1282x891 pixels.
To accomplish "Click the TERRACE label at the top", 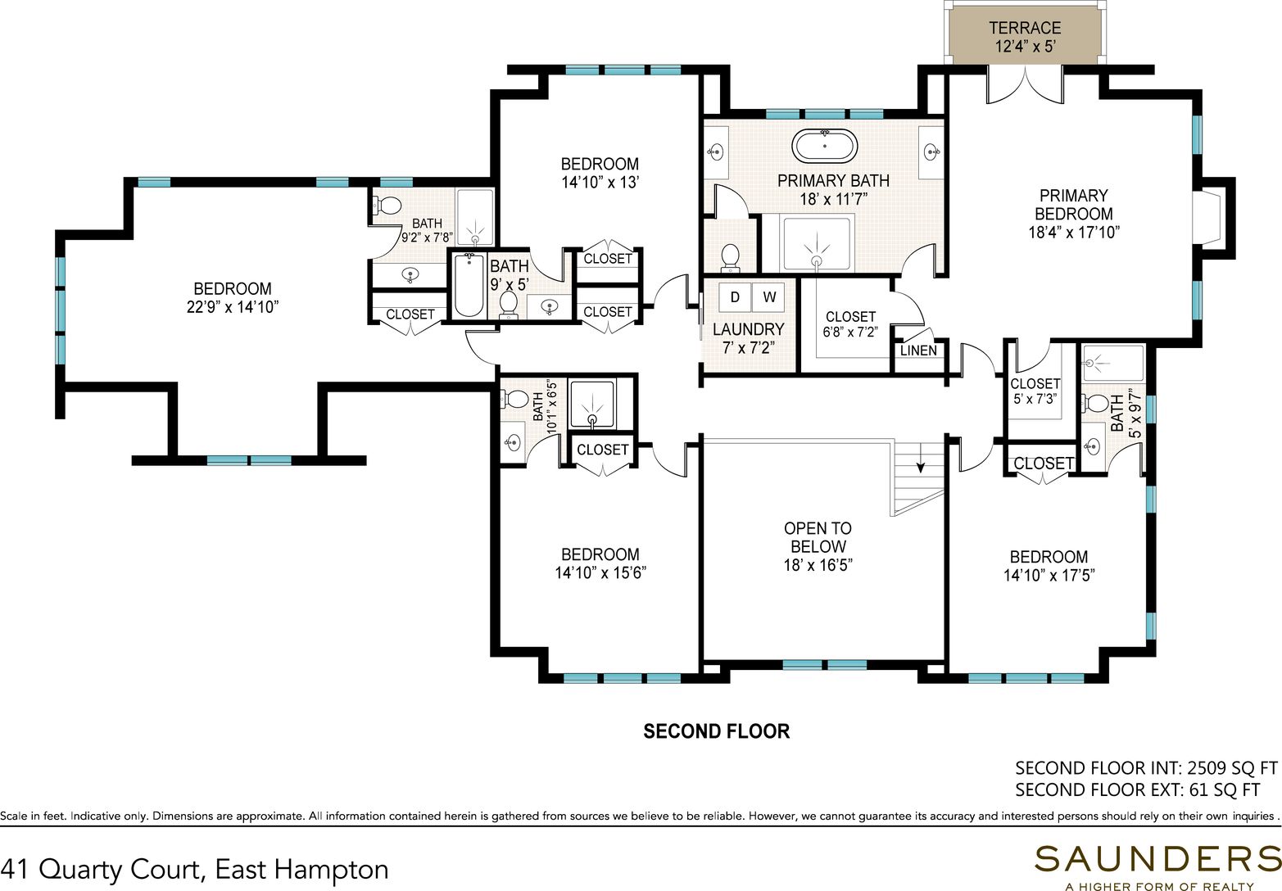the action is tap(1025, 28).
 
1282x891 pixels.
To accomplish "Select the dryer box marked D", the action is tap(735, 296).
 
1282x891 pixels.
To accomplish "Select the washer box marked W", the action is tap(768, 296).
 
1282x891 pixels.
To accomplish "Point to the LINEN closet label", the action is tap(918, 351).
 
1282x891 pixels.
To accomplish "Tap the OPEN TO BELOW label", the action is tap(818, 536).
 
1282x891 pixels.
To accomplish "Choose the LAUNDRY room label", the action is tap(748, 329).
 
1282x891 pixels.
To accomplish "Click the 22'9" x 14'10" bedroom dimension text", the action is tap(233, 307).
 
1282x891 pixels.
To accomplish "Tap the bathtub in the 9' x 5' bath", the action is tap(469, 285).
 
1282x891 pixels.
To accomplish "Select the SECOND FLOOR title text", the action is tap(717, 730).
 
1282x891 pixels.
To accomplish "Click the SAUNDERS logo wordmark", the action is tap(1157, 859).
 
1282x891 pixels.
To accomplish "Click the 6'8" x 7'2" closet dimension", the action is tap(850, 332).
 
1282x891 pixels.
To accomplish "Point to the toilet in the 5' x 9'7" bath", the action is tap(1095, 403).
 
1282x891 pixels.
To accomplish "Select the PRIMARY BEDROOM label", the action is tap(1074, 204).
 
